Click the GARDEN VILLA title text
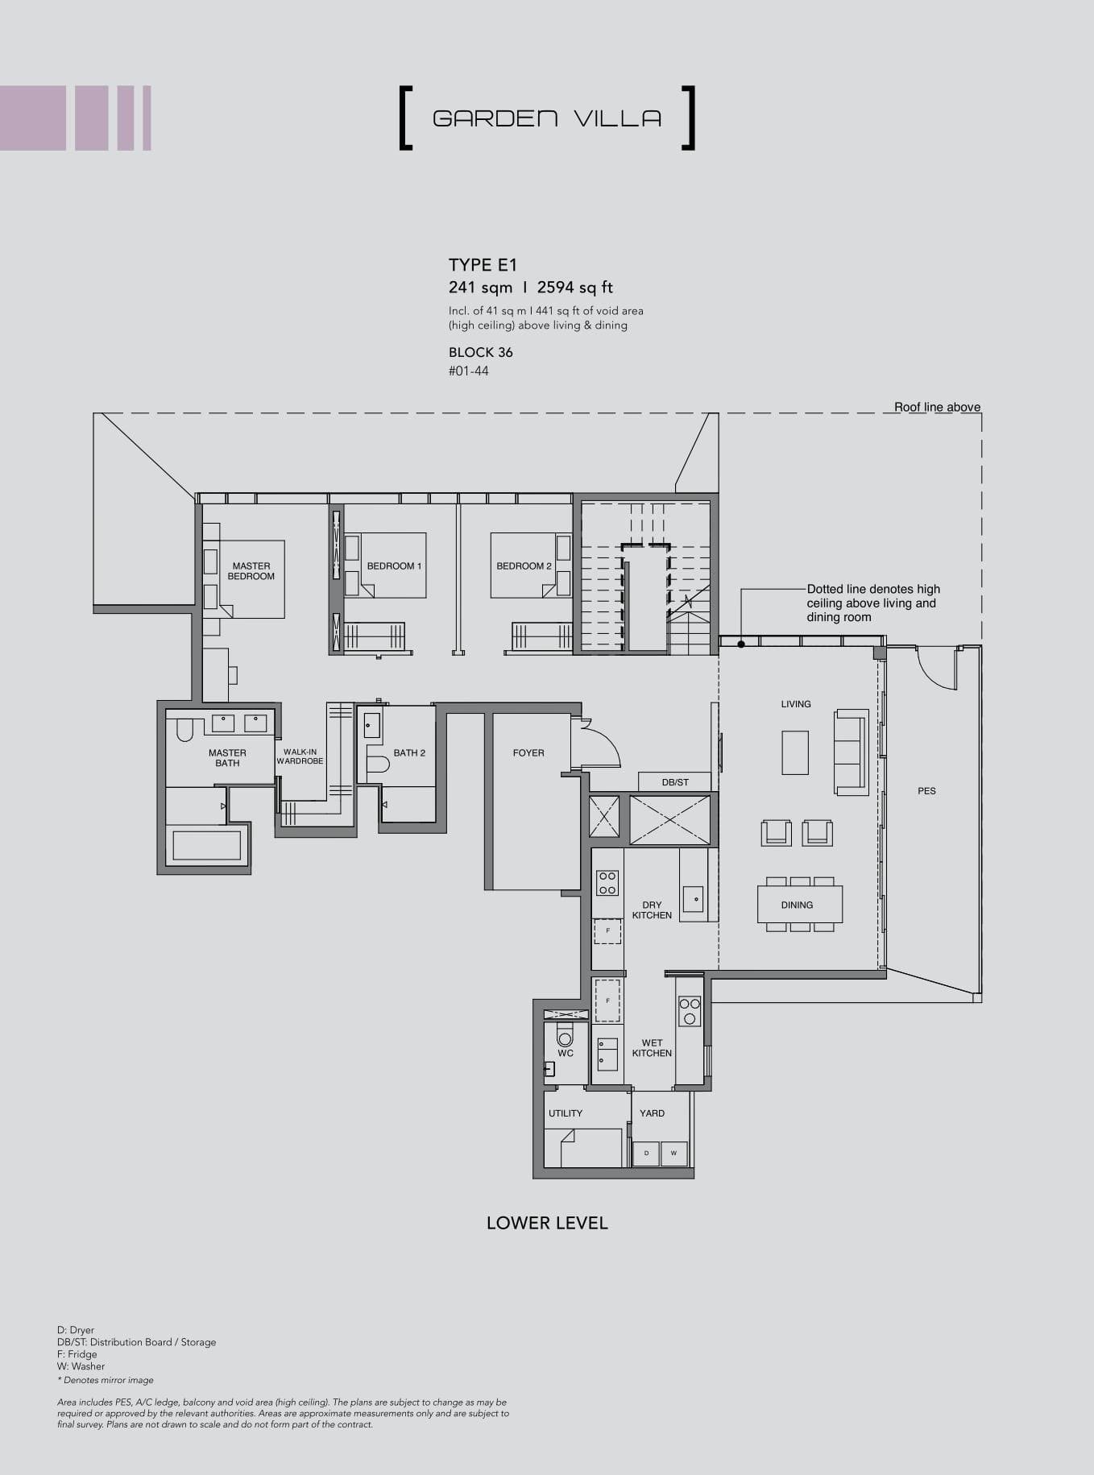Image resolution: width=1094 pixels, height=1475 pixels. (547, 118)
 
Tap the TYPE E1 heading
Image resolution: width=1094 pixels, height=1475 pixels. (483, 265)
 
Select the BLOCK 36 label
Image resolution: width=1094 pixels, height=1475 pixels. (480, 352)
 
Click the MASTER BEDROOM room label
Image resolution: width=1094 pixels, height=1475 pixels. (251, 571)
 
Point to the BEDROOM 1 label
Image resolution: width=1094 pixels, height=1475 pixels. (394, 566)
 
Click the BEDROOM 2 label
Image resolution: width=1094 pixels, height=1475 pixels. (524, 566)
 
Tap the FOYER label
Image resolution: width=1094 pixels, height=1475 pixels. (528, 753)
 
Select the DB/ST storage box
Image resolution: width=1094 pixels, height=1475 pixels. (675, 781)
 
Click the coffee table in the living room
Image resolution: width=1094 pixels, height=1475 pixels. (794, 752)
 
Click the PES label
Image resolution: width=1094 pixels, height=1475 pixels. (926, 791)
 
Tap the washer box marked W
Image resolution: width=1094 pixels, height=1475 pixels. (673, 1154)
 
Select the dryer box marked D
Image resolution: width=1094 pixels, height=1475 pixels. (646, 1154)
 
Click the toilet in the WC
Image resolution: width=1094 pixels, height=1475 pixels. (565, 1035)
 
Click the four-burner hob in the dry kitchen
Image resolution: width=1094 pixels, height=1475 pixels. (607, 883)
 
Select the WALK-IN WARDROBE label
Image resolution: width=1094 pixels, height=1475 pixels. (300, 756)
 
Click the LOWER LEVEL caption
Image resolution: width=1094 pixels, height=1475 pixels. (547, 1223)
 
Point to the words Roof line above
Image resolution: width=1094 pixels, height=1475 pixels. (937, 408)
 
